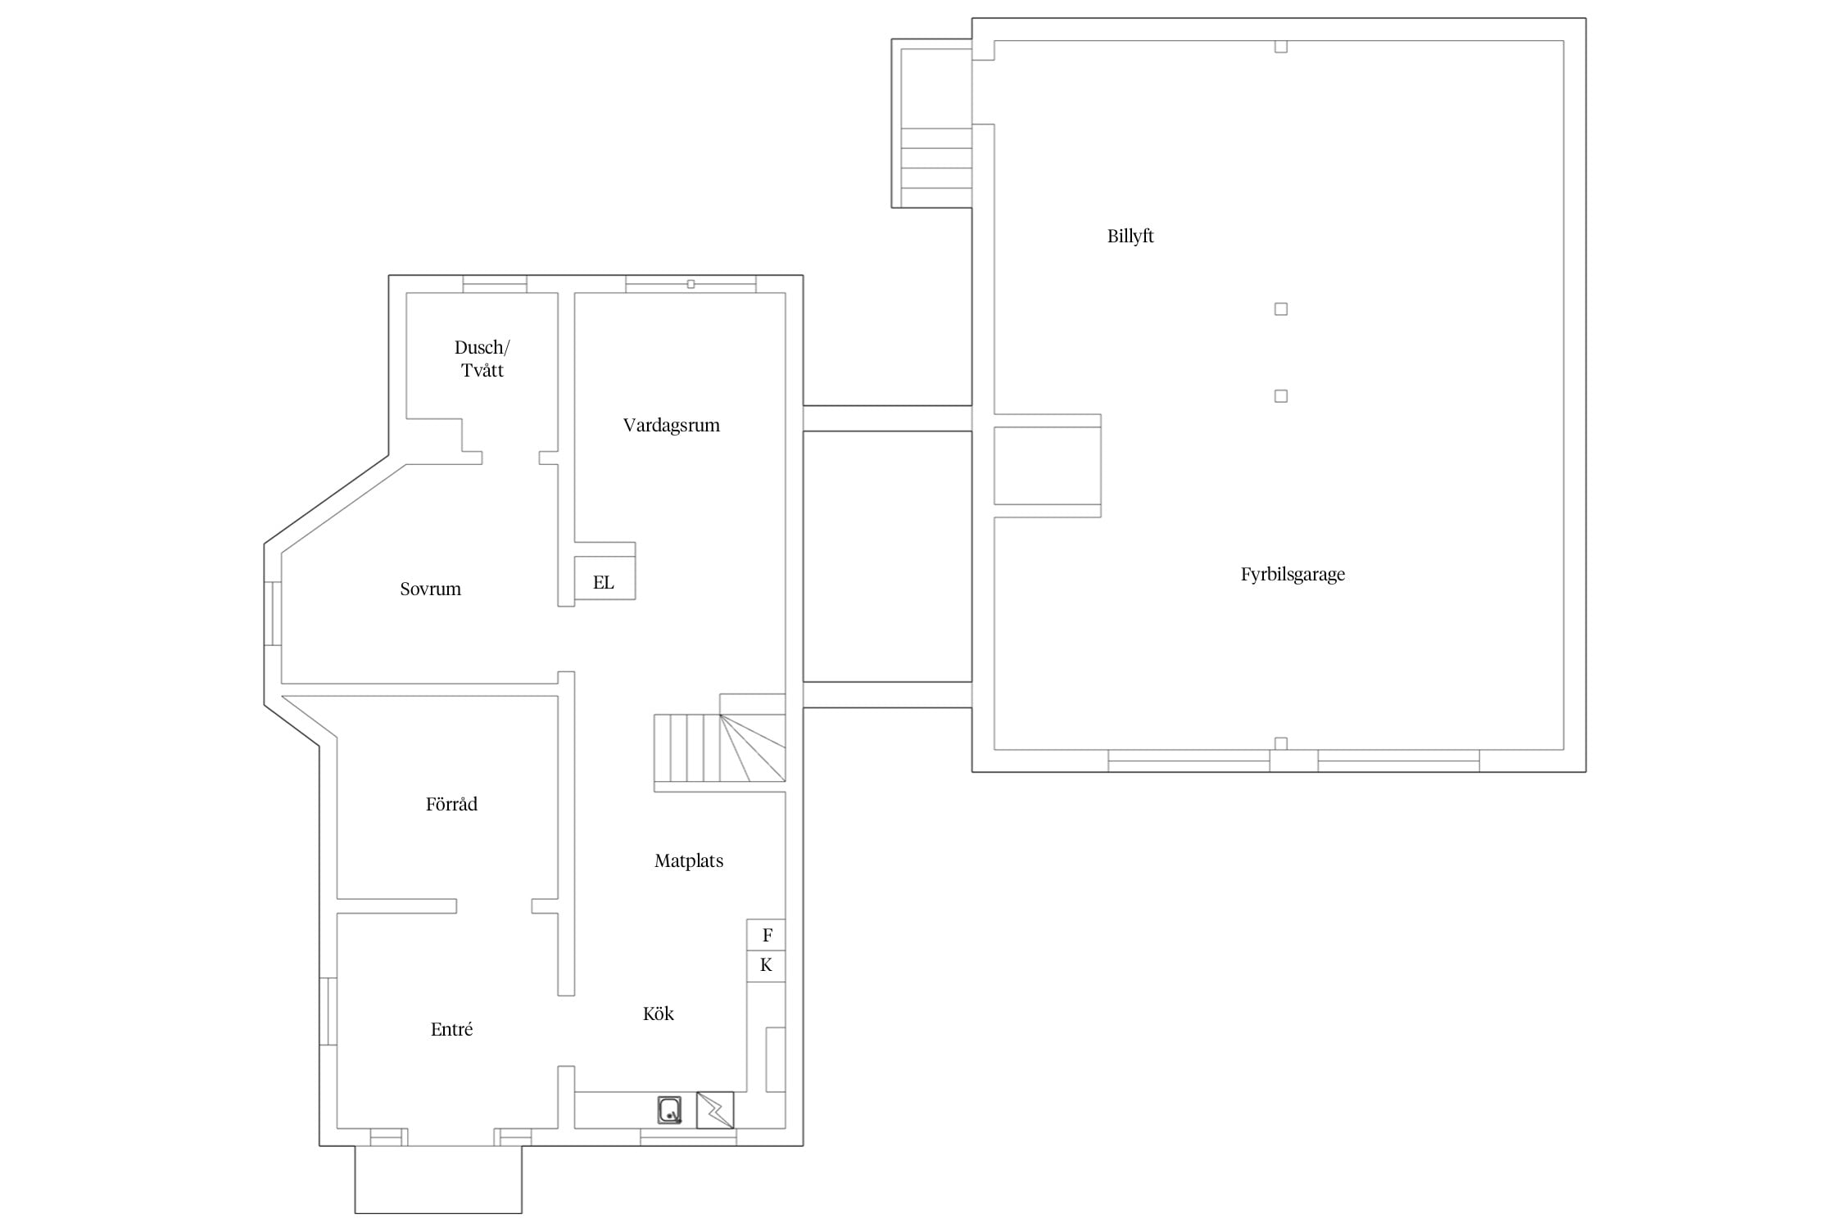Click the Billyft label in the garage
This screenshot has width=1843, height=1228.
(x=1130, y=237)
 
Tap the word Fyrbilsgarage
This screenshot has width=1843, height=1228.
(x=1293, y=575)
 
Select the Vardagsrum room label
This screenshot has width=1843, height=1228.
(x=672, y=426)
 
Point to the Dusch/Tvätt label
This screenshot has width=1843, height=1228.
(x=482, y=359)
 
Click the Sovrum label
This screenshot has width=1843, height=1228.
(x=430, y=589)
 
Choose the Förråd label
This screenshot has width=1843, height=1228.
(x=451, y=804)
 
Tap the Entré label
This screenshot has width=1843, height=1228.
(x=451, y=1030)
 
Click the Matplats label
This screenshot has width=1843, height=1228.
(x=689, y=861)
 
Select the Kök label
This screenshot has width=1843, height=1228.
(x=658, y=1014)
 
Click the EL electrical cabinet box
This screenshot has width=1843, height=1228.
(x=605, y=578)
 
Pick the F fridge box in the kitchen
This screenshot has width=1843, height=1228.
(x=766, y=935)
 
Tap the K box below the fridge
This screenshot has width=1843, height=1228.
(x=766, y=966)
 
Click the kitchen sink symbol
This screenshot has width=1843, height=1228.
(x=670, y=1110)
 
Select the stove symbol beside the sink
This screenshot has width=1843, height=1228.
(x=715, y=1110)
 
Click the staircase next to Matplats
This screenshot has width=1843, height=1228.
(x=719, y=748)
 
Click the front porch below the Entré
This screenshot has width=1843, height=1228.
(x=438, y=1180)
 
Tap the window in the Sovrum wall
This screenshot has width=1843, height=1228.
(x=273, y=614)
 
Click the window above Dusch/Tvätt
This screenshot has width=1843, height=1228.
(x=495, y=284)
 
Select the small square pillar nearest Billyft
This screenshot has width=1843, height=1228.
(x=1281, y=309)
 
